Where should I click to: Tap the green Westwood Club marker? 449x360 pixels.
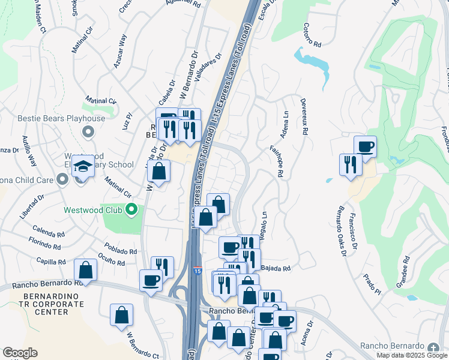131,210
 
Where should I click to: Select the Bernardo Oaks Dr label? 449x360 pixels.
341,233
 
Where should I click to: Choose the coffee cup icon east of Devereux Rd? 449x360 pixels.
365,146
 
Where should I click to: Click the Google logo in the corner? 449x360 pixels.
20,353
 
